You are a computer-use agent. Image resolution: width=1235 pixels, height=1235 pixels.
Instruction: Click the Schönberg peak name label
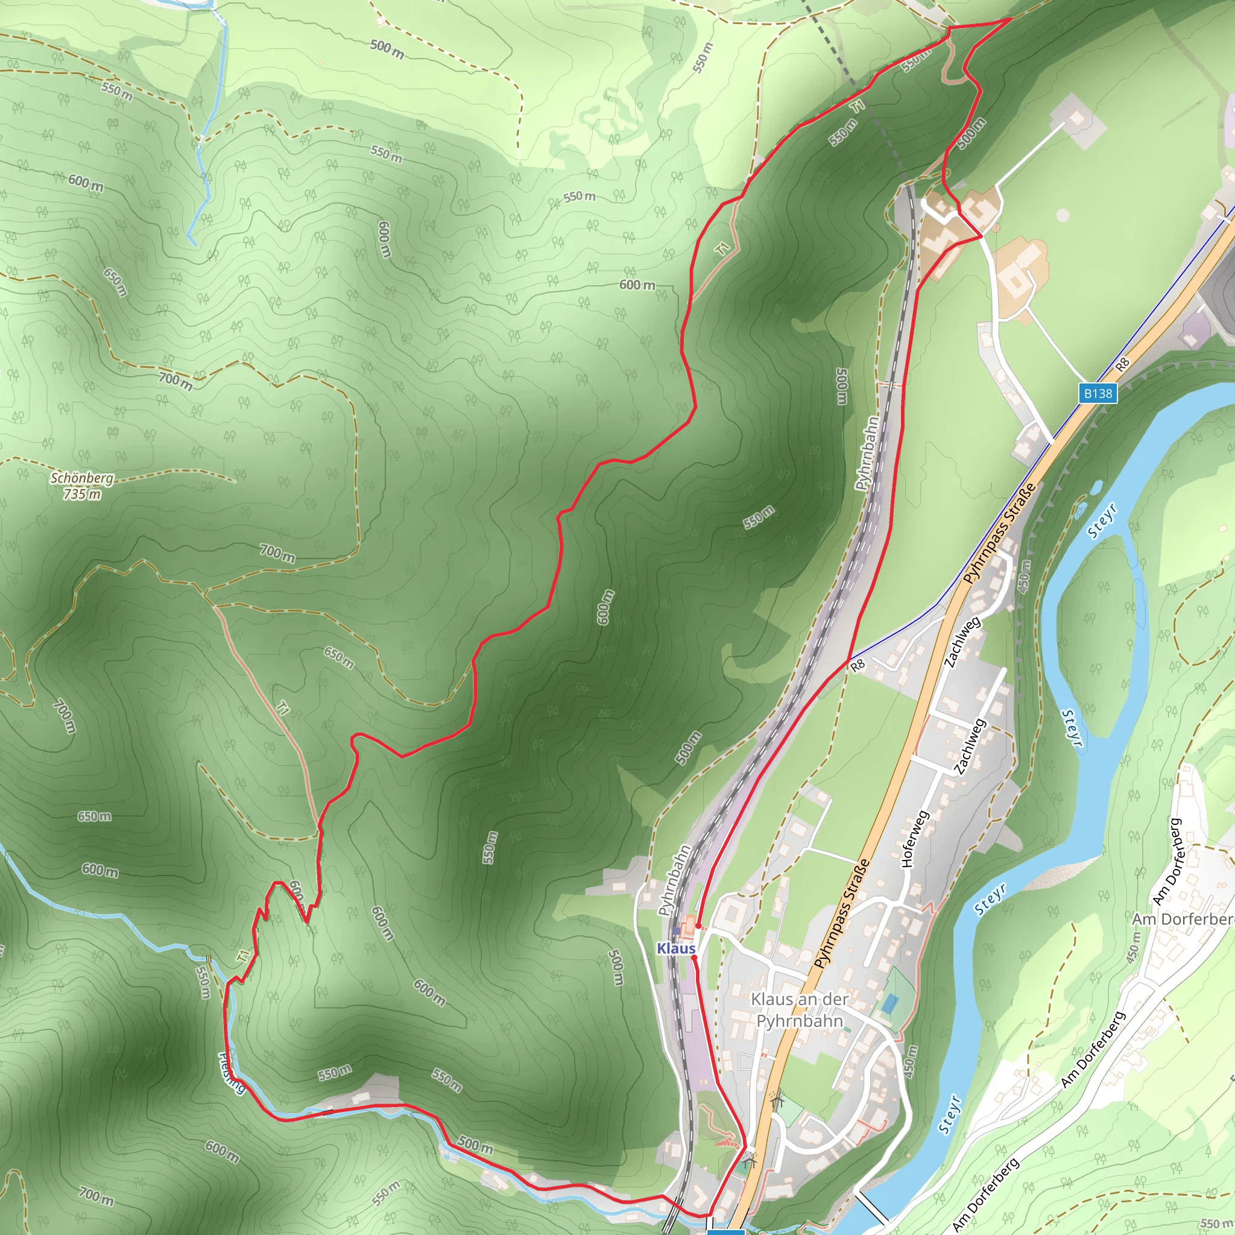(x=82, y=478)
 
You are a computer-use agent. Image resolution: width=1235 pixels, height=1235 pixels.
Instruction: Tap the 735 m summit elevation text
(x=82, y=494)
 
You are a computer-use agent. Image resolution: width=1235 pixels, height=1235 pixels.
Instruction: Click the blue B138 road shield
(x=1098, y=393)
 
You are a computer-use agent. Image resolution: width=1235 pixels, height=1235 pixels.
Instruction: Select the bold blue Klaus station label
(x=675, y=949)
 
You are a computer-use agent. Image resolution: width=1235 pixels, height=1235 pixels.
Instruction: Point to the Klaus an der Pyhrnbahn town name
(x=800, y=1010)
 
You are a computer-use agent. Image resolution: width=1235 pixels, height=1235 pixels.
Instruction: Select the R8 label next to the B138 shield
(x=1122, y=365)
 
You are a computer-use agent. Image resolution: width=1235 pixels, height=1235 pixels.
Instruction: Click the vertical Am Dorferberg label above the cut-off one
(x=1168, y=861)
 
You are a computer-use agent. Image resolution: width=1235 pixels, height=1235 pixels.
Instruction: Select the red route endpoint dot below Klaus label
(x=694, y=958)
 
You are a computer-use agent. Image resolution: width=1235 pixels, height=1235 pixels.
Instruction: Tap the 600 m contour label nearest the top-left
(x=86, y=183)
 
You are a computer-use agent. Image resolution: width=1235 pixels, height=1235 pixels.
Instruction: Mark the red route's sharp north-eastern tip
(x=1011, y=19)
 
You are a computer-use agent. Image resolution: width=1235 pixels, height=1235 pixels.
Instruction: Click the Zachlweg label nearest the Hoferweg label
(x=970, y=747)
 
